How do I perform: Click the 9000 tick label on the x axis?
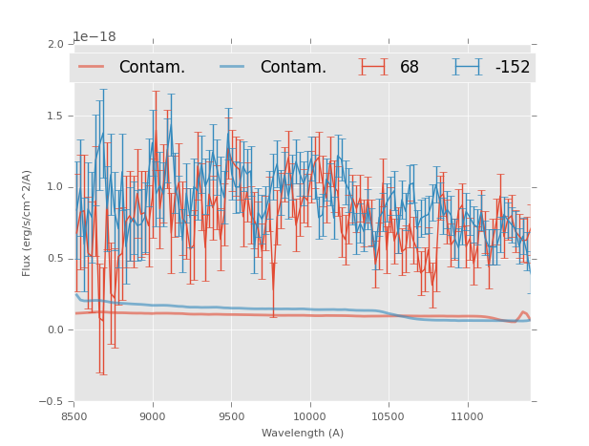pos(153,416)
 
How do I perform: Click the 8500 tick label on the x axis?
pos(74,416)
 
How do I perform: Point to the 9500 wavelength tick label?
pos(231,416)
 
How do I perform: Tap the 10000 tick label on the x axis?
pos(309,416)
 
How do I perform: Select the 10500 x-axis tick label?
pos(389,416)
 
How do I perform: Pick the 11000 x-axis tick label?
pos(467,416)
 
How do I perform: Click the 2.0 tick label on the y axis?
pos(55,45)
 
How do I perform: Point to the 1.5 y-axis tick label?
pos(55,117)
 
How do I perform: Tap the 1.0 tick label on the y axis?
pos(55,187)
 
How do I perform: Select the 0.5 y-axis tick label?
pos(55,259)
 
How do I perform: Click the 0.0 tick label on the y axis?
pos(55,330)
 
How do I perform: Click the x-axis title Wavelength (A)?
pos(303,433)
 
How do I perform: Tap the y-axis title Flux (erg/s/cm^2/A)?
pos(28,223)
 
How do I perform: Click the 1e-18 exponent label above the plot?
pos(95,37)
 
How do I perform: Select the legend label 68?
pos(410,68)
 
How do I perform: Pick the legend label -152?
pos(512,68)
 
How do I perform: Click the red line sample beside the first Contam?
pos(92,67)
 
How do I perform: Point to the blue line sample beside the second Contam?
pos(233,67)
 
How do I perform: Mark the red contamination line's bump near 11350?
pos(523,312)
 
